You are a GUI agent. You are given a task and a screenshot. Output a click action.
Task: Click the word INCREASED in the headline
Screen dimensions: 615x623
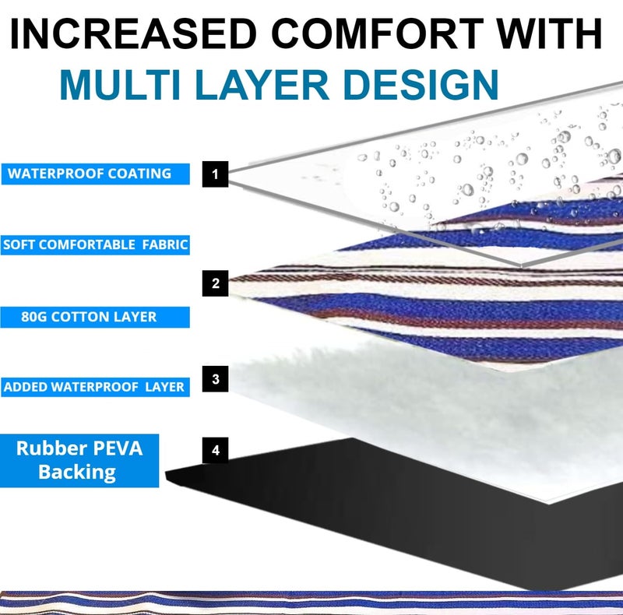click(x=133, y=35)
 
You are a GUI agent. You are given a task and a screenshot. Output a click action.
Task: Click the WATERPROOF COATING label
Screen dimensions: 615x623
click(x=94, y=174)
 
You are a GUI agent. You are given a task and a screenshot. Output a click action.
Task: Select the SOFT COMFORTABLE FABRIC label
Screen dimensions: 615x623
click(x=95, y=244)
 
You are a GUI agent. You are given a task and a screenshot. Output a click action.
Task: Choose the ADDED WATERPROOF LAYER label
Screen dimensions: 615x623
click(x=94, y=387)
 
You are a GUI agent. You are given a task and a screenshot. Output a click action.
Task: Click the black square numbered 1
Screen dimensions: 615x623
click(x=215, y=174)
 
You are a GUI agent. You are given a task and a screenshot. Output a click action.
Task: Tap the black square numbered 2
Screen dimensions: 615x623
click(x=215, y=283)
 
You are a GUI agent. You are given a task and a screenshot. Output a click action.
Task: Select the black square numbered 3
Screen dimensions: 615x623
click(x=215, y=379)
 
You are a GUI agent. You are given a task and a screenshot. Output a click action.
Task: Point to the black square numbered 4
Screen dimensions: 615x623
click(x=215, y=450)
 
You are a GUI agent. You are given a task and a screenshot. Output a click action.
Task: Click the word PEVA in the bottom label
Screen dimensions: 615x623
click(x=114, y=449)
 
